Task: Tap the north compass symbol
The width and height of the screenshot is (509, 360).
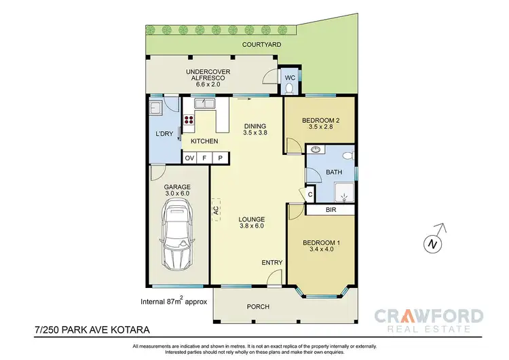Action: point(431,242)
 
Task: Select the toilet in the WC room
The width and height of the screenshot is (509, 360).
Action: point(289,87)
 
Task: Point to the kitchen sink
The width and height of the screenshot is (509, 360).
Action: point(203,104)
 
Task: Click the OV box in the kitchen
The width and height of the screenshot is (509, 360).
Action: point(189,158)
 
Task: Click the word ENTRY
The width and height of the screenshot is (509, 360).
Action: point(271,262)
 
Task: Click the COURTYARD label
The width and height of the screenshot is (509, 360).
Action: point(262,44)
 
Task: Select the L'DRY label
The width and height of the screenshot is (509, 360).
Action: point(164,134)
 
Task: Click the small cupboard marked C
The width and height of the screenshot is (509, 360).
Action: point(310,195)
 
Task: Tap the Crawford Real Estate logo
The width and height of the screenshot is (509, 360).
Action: point(429,319)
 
